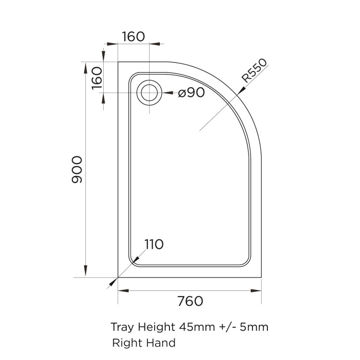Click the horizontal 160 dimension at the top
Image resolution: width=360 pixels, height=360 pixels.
tap(133, 36)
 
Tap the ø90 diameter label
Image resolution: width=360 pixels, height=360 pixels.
tap(192, 93)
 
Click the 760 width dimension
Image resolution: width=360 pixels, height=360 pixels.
tap(190, 301)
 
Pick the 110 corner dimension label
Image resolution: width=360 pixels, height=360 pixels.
tap(154, 244)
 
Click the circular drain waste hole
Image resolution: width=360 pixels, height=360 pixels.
tap(149, 93)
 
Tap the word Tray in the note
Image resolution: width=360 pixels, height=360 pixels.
tap(123, 327)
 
